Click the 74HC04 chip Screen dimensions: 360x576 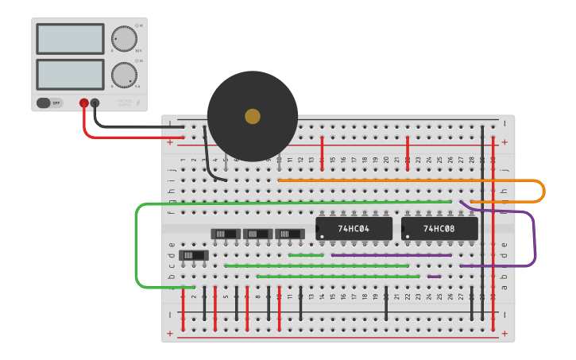tap(354, 229)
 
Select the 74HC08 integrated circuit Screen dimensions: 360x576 tap(439, 229)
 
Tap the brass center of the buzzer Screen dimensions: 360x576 tap(253, 116)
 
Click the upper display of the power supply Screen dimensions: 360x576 tap(70, 39)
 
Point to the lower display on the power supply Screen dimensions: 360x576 tap(70, 75)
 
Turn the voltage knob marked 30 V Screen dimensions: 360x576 tap(123, 38)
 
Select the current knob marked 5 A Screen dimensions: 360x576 tap(123, 75)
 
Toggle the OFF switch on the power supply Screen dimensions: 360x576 tap(49, 103)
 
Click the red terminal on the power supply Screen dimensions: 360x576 tap(83, 103)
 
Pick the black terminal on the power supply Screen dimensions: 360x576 tap(95, 103)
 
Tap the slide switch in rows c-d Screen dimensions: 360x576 tap(194, 256)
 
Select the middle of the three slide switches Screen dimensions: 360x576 tap(257, 234)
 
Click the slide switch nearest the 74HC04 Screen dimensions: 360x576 tap(289, 234)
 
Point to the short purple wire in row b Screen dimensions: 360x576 tap(434, 277)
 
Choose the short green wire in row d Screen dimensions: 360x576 tap(306, 255)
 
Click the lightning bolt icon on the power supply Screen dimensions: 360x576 tap(137, 103)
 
